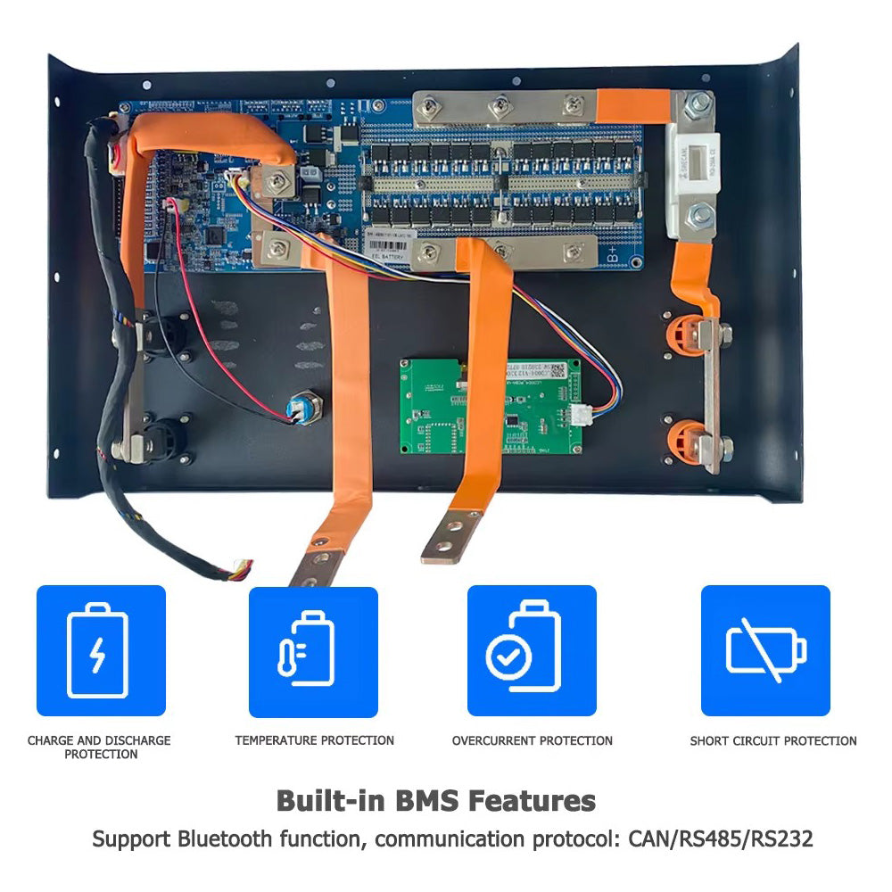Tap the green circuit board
pos(490,406)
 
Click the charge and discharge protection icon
pos(100,650)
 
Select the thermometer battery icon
pos(313,650)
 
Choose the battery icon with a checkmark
pos(532,650)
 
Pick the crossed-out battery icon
pos(765,650)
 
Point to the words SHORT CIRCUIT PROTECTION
pos(772,740)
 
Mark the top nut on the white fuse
pos(697,112)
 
